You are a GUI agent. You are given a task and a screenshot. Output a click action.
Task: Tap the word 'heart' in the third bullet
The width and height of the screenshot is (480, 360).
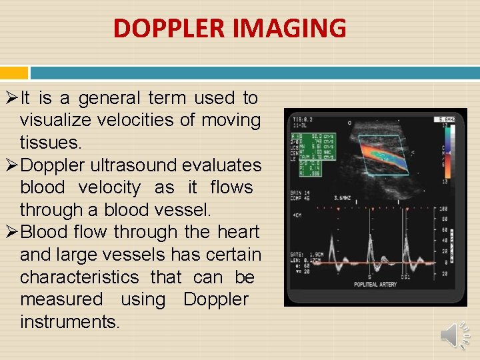238,233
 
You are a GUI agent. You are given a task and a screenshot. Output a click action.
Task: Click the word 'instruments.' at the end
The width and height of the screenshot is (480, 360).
70,322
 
